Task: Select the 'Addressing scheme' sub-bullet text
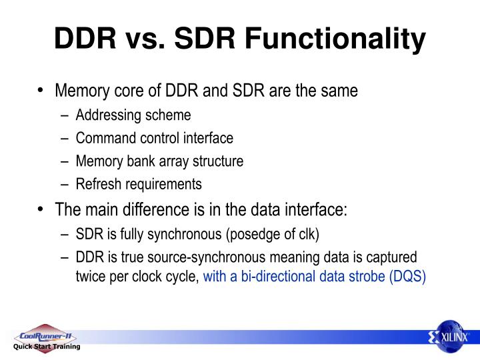click(x=133, y=115)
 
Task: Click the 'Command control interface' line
click(x=154, y=139)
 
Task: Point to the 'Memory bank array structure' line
click(x=159, y=161)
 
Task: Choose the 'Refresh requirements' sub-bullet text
click(x=138, y=184)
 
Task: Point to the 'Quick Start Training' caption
click(x=47, y=347)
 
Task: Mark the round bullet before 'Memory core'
click(x=41, y=90)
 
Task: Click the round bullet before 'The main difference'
click(x=41, y=209)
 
